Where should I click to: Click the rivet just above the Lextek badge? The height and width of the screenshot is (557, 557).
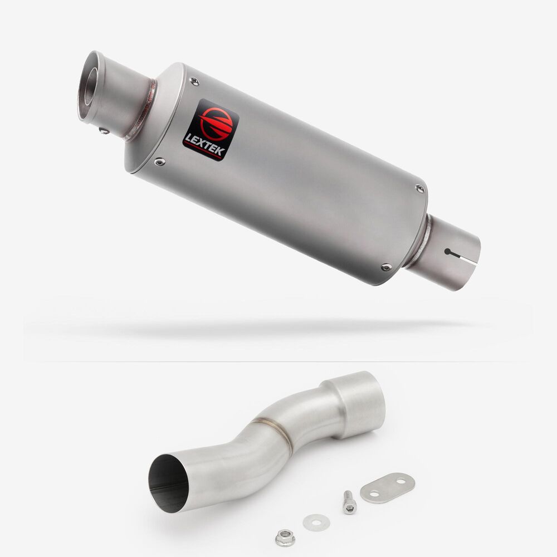point(194,81)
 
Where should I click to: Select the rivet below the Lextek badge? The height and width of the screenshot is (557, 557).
point(160,162)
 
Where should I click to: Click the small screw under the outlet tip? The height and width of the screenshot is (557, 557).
point(104,131)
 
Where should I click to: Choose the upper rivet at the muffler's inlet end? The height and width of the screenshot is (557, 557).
point(420,189)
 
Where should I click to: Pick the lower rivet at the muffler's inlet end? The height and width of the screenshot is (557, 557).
point(387,267)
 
